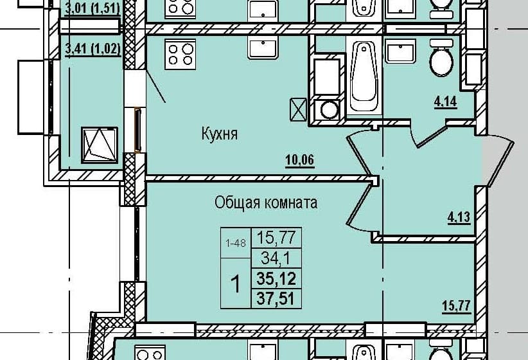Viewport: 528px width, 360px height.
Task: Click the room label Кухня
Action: pos(220,134)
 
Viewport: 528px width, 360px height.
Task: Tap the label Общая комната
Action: pos(266,203)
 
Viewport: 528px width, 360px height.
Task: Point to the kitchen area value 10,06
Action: pos(300,160)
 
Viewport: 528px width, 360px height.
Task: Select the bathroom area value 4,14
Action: pos(446,102)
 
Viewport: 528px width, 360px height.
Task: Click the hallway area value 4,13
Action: pos(459,217)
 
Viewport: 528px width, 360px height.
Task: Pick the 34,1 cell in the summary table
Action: pos(276,259)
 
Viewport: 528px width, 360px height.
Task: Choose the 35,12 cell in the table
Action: pos(276,278)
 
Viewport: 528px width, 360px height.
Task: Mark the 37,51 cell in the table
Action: pos(276,298)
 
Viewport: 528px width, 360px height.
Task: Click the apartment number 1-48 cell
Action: pos(236,243)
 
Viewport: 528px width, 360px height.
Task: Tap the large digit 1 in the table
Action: pos(236,283)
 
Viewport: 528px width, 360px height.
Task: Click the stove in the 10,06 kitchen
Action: pos(180,54)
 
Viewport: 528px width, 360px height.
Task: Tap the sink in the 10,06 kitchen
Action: pos(263,48)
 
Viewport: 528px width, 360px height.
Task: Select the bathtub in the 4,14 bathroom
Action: pos(364,76)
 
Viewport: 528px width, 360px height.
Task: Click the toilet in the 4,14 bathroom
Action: pos(441,58)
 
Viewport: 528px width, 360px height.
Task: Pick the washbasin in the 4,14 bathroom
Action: pos(400,51)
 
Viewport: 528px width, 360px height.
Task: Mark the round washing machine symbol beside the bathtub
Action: pos(329,109)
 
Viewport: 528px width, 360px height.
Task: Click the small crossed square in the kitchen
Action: pos(298,109)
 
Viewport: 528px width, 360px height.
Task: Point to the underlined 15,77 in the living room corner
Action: pos(456,307)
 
